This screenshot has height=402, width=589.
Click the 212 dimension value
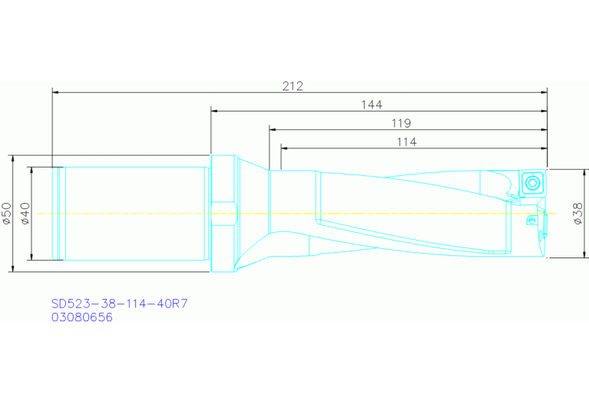[292, 86]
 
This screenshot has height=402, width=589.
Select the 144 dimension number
[372, 105]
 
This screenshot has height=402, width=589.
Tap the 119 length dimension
[400, 123]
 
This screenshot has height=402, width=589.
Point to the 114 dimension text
[406, 142]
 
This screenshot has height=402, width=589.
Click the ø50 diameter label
[6, 213]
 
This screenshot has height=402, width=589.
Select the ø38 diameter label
[577, 214]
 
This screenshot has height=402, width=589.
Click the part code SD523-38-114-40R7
[119, 304]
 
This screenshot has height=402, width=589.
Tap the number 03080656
[82, 317]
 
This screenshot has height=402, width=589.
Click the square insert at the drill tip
[531, 183]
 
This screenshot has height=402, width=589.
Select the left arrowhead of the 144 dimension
[215, 111]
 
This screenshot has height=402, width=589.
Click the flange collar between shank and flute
[223, 213]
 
